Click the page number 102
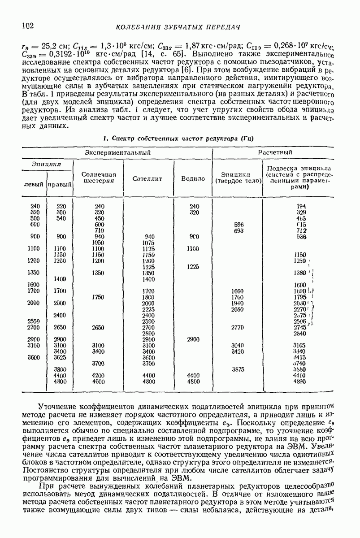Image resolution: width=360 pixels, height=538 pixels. (28, 26)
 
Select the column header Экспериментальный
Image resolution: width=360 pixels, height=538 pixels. (117, 153)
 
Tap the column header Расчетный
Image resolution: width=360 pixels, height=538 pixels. (275, 153)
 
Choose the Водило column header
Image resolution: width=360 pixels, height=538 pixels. (193, 178)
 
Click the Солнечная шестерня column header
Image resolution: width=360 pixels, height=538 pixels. (99, 178)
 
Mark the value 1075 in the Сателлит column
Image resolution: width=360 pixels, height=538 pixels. (148, 243)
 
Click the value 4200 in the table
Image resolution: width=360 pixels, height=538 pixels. (99, 375)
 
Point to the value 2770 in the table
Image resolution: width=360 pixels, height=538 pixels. (238, 327)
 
